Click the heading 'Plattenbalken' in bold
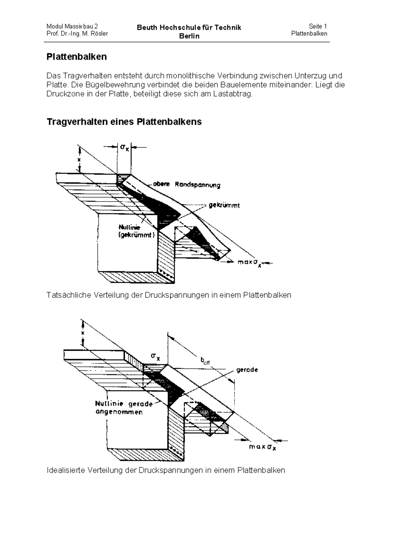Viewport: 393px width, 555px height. tap(77, 57)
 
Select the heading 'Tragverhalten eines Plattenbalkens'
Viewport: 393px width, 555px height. tap(124, 122)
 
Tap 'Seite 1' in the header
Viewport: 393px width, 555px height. tap(318, 27)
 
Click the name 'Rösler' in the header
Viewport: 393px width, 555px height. tap(100, 34)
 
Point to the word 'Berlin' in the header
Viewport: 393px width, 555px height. tap(189, 36)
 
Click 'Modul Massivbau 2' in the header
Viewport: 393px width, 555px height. tap(72, 27)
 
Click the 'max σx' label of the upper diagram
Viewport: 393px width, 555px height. tap(251, 263)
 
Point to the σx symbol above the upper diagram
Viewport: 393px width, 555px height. tap(124, 148)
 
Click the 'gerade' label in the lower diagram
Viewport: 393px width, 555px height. tap(247, 370)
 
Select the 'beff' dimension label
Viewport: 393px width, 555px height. tap(205, 361)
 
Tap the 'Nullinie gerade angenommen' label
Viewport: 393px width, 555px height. tap(124, 408)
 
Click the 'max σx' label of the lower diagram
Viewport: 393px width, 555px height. tap(262, 447)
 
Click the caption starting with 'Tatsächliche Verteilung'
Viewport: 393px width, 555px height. tap(169, 295)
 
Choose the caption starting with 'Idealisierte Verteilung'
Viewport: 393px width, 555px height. tap(166, 471)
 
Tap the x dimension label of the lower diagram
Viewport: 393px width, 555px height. tap(83, 333)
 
